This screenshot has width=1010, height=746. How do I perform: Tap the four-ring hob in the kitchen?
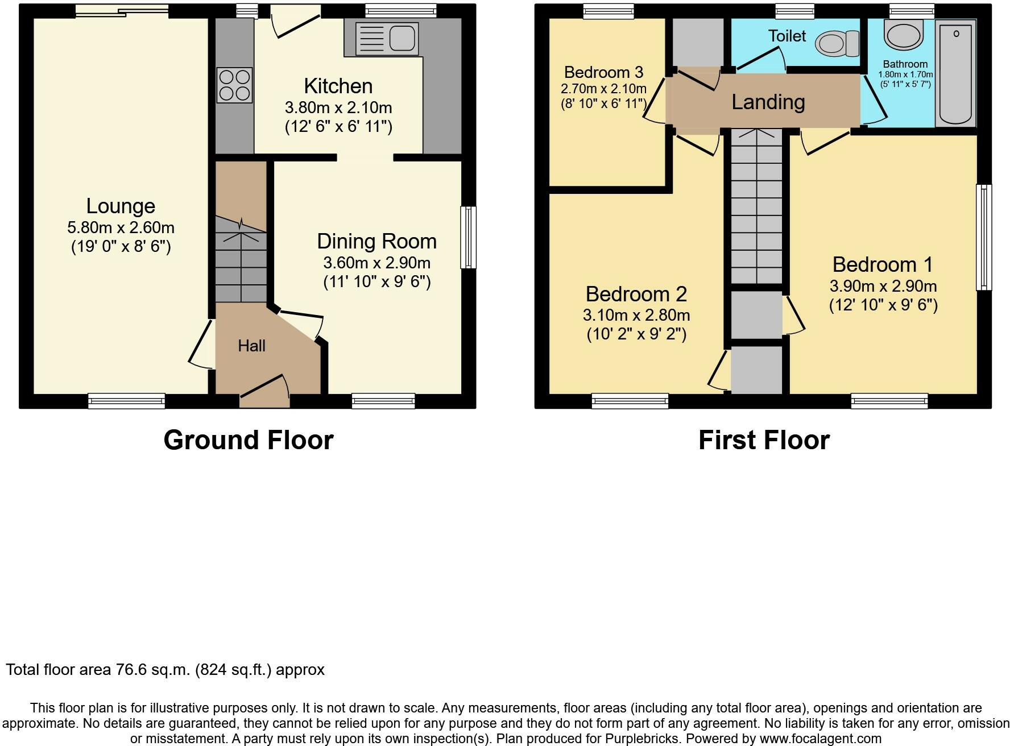point(234,85)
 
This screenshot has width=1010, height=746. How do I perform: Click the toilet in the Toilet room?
point(838,43)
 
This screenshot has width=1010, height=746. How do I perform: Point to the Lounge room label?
point(121,206)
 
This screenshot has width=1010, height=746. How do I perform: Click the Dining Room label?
point(376,241)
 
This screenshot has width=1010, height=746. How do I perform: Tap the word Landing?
point(768,102)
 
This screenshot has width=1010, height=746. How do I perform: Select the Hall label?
point(251,346)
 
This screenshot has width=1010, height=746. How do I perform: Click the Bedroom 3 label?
point(603,72)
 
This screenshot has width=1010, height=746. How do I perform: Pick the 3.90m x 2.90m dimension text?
point(883,286)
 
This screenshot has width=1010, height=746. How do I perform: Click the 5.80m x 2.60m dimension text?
point(121,227)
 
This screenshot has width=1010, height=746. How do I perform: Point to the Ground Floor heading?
point(249,440)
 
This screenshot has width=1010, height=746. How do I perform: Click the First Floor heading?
point(764,440)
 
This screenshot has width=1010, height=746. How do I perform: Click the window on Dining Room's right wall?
point(469,237)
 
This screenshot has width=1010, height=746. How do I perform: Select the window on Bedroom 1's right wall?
point(984,237)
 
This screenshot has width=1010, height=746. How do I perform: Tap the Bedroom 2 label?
point(636,294)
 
